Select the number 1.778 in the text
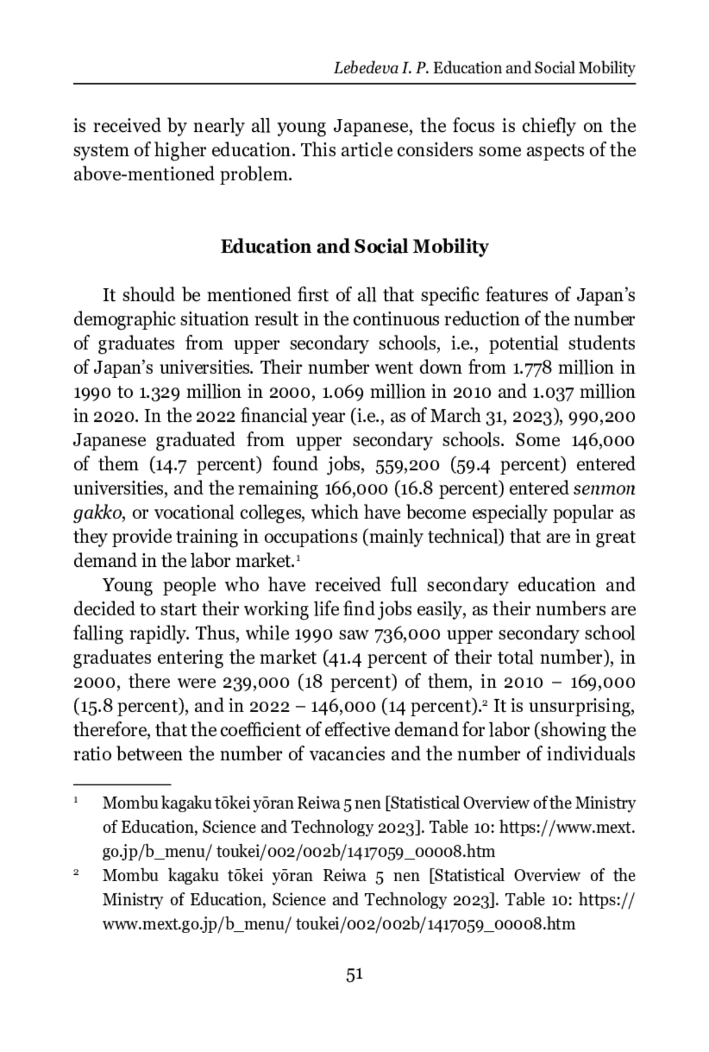pyautogui.click(x=532, y=368)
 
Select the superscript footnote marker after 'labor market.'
pyautogui.click(x=298, y=559)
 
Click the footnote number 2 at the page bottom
pyautogui.click(x=77, y=872)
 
